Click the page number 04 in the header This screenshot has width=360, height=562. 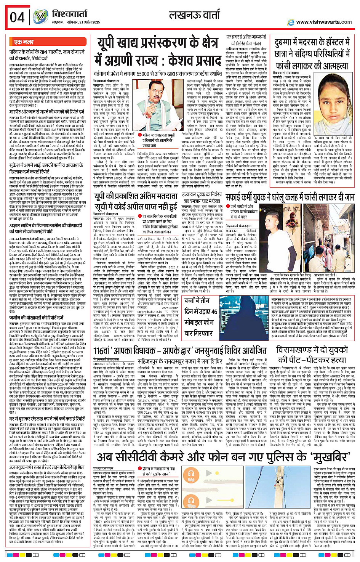[17, 18]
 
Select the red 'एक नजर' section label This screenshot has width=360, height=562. [24, 42]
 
